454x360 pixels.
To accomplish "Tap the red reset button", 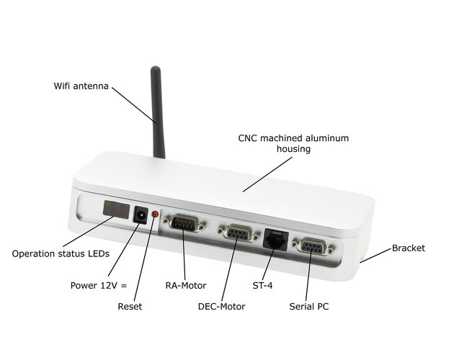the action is click(156, 215).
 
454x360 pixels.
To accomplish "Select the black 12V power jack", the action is click(141, 215).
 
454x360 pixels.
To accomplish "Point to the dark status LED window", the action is click(116, 209).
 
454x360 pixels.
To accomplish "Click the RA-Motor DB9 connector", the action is click(184, 223).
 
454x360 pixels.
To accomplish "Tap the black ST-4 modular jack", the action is click(275, 239).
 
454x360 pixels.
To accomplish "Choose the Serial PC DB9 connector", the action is click(313, 246).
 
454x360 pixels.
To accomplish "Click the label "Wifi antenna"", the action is click(81, 86).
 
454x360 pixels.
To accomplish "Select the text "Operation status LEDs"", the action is click(61, 253).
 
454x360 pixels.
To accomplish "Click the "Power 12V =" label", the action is click(99, 285).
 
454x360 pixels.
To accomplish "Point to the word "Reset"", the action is click(130, 307).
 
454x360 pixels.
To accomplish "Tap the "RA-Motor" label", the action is click(186, 286).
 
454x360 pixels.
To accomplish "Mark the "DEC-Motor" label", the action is click(221, 307).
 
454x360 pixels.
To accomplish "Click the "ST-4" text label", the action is click(262, 286).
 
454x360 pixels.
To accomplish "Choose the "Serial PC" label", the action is click(309, 307).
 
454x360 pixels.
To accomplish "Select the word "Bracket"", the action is click(409, 248).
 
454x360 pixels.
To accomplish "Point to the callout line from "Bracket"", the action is click(375, 256).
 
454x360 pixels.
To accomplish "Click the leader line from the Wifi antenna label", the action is click(134, 105).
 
